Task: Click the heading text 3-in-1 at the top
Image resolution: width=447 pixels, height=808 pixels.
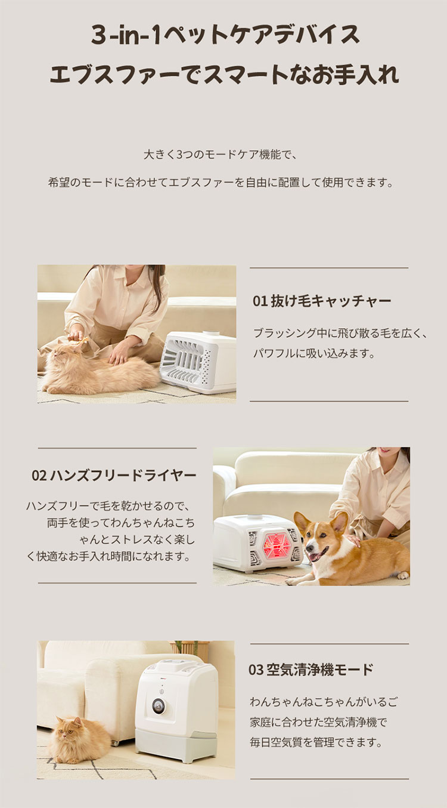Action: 125,35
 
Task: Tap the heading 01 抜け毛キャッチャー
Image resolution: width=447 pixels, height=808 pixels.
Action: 322,301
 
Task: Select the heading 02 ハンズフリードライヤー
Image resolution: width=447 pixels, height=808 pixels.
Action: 114,476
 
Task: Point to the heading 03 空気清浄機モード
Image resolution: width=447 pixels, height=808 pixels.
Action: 311,670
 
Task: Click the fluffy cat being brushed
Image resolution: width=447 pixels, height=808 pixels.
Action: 97,368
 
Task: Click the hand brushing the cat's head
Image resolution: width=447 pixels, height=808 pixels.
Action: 76,335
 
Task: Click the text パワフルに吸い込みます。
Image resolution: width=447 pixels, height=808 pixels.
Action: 314,353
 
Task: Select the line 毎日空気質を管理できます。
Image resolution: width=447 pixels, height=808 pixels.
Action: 316,743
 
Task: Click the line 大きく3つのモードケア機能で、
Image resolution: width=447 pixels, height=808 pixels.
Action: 221,155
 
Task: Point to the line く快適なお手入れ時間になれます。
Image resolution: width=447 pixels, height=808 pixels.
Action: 109,556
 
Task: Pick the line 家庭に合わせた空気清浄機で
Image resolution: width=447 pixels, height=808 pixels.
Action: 319,723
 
